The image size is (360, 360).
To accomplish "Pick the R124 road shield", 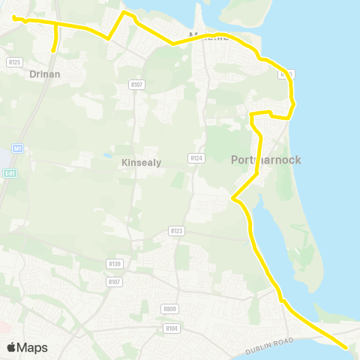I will (x=197, y=157).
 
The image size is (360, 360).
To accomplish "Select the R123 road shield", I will (x=177, y=231).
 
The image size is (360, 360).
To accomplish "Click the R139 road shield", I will (x=114, y=263).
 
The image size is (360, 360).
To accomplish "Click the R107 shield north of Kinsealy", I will (x=136, y=85).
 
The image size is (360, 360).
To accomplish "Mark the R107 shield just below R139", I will (x=114, y=281).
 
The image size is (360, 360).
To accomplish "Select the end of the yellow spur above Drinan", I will (x=52, y=50).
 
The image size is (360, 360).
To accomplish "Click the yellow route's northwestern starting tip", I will (x=14, y=16).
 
